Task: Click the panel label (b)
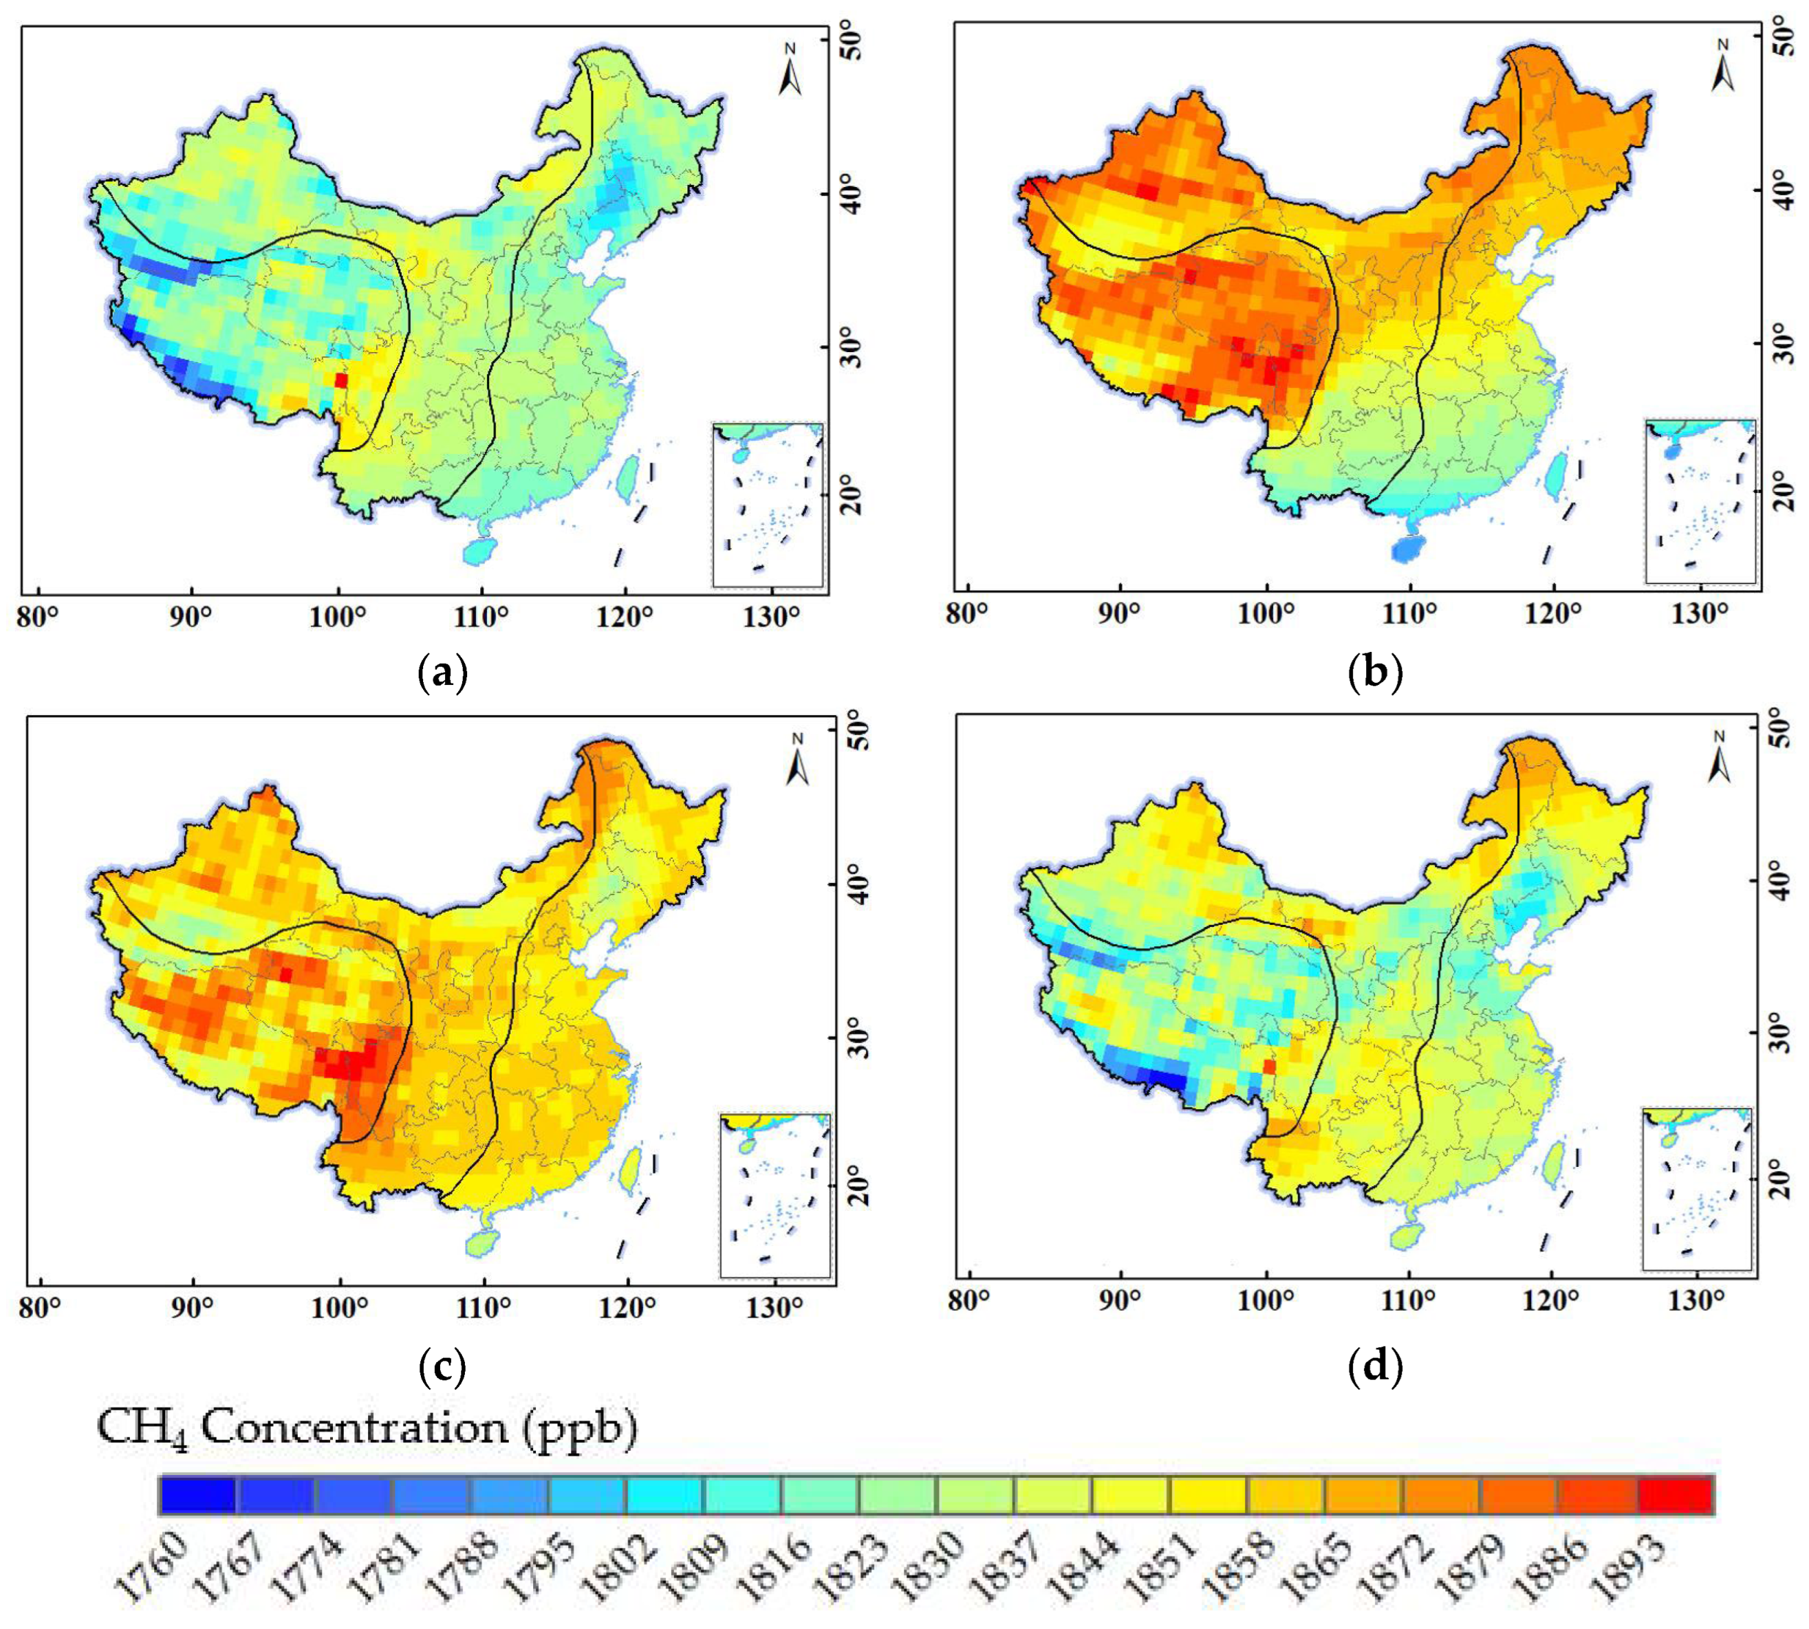(x=1374, y=673)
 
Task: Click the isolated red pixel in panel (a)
(x=340, y=380)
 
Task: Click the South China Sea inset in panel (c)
(x=774, y=1195)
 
